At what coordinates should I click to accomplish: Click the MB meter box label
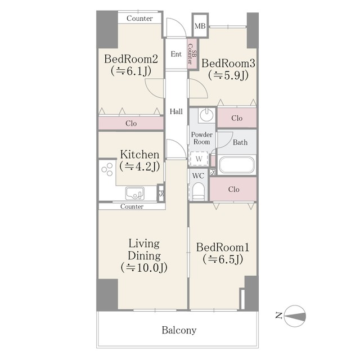pyautogui.click(x=200, y=26)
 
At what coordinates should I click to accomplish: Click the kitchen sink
pyautogui.click(x=135, y=193)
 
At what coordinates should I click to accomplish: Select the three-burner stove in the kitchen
pyautogui.click(x=107, y=169)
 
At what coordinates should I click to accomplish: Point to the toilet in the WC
pyautogui.click(x=198, y=191)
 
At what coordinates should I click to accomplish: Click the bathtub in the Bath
pyautogui.click(x=237, y=165)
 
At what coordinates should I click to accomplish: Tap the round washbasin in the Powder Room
pyautogui.click(x=206, y=115)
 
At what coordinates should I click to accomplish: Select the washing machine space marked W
pyautogui.click(x=199, y=159)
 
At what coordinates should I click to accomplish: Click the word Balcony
pyautogui.click(x=179, y=330)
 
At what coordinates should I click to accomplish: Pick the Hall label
pyautogui.click(x=176, y=111)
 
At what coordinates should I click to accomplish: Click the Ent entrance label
pyautogui.click(x=176, y=54)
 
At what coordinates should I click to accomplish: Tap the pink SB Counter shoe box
pyautogui.click(x=192, y=54)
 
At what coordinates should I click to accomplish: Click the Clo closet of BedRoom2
pyautogui.click(x=131, y=123)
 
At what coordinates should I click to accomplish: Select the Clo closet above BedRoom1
pyautogui.click(x=233, y=189)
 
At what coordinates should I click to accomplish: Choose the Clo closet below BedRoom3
pyautogui.click(x=237, y=118)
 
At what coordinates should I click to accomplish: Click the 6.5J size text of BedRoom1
pyautogui.click(x=223, y=260)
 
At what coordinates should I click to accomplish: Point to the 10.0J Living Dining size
pyautogui.click(x=144, y=268)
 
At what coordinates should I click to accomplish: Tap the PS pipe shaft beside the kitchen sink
pyautogui.click(x=161, y=193)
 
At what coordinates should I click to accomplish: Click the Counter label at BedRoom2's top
pyautogui.click(x=139, y=19)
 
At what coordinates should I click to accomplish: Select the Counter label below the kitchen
pyautogui.click(x=132, y=206)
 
